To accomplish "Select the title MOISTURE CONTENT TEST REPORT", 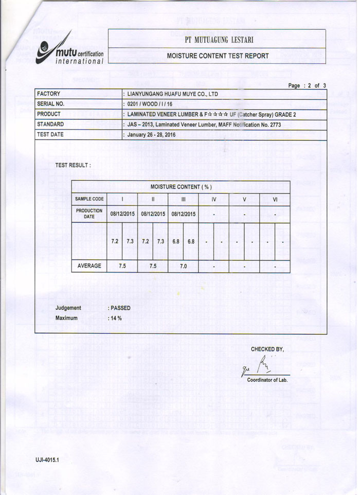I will click(x=218, y=56).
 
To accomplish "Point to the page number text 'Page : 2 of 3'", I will click(x=307, y=85).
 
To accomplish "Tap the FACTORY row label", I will click(x=48, y=94).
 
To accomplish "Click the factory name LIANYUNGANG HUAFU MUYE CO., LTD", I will click(x=173, y=94).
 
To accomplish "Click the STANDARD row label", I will click(x=50, y=124).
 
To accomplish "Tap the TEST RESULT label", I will click(x=73, y=165).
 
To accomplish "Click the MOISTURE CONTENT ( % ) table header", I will click(x=181, y=186).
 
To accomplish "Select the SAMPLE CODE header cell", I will click(x=89, y=199).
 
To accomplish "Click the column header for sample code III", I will click(x=183, y=199).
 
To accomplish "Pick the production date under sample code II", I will click(x=153, y=214).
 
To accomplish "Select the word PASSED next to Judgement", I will click(x=120, y=308).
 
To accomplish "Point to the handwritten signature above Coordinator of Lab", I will click(x=255, y=368).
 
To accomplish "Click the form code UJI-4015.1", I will click(x=47, y=459).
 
